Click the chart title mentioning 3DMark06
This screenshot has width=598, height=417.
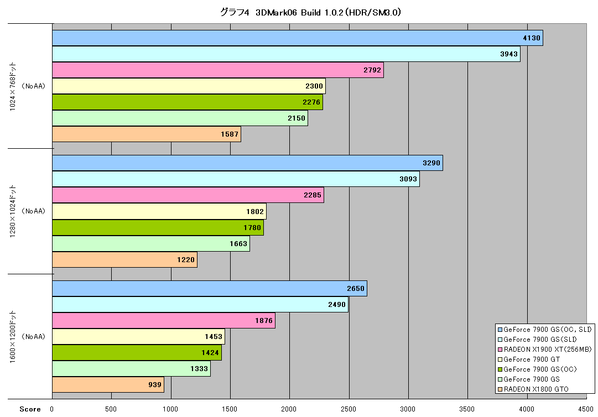(x=310, y=13)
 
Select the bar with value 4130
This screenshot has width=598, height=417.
(x=298, y=38)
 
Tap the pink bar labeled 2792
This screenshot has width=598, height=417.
(x=218, y=70)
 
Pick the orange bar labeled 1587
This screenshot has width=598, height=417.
(x=147, y=134)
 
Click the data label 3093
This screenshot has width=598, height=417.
(x=408, y=179)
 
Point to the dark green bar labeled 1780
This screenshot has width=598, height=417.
(x=158, y=227)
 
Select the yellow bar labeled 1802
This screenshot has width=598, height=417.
(x=159, y=212)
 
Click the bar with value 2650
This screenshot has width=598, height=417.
(x=209, y=289)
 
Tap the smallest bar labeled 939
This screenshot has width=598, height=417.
(x=108, y=384)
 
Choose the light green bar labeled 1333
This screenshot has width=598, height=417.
(x=131, y=368)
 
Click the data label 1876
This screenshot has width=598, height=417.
(x=264, y=321)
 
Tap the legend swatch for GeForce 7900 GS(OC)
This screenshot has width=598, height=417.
(x=500, y=369)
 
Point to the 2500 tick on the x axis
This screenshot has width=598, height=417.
(x=348, y=409)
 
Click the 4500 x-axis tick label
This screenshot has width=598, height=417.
(x=585, y=409)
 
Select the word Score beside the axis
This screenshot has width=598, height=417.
(x=30, y=409)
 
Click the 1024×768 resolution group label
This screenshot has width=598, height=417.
(x=13, y=86)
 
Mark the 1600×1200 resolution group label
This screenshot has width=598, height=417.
(x=13, y=337)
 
